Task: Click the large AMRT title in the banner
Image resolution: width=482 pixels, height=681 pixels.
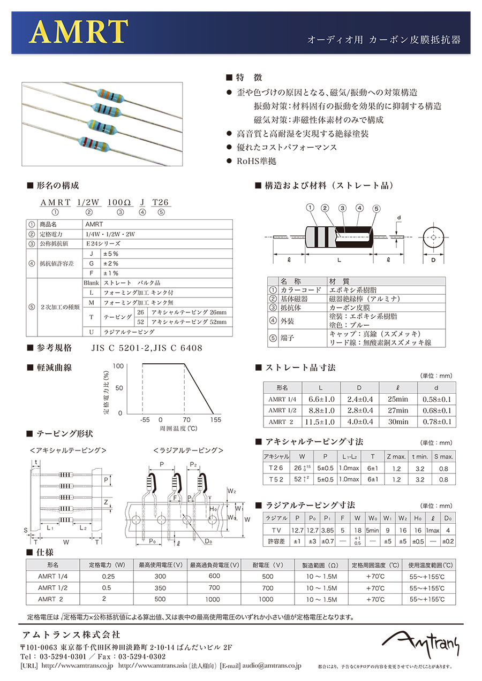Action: tap(79, 33)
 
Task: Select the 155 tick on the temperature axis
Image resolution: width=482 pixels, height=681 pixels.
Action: tap(215, 420)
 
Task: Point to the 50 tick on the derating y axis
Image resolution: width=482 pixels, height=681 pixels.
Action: tap(119, 388)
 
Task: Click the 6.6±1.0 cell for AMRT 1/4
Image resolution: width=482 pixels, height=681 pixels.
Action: tap(321, 399)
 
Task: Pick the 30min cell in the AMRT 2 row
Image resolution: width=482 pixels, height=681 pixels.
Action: tap(397, 422)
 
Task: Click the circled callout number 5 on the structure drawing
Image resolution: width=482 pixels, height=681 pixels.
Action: tap(376, 208)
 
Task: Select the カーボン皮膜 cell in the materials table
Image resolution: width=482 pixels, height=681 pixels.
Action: tap(349, 308)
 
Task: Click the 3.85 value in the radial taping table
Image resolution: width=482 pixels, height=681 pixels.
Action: tap(326, 530)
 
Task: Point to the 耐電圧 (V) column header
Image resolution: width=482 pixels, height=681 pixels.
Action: tap(268, 565)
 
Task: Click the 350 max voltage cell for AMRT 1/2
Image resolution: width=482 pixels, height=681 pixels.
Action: tap(160, 588)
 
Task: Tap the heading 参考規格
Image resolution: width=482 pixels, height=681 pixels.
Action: tap(54, 348)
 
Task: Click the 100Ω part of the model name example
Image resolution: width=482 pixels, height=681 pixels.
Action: tap(119, 202)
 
